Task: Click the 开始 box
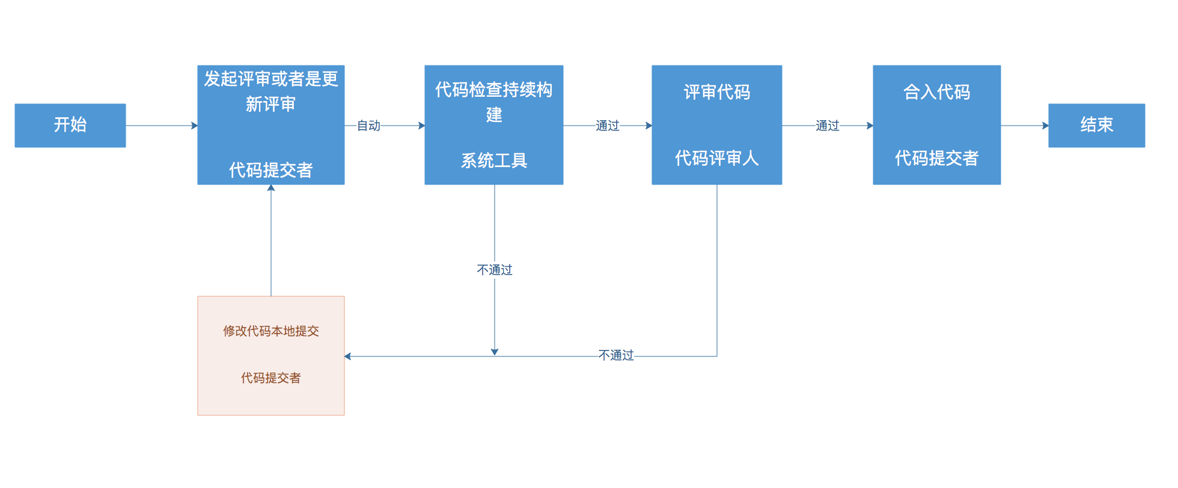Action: click(70, 125)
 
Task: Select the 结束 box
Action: click(1096, 125)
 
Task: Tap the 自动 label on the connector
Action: click(368, 126)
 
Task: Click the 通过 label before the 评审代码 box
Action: click(607, 126)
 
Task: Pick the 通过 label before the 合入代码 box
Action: click(827, 126)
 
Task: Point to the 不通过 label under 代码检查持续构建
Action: click(495, 270)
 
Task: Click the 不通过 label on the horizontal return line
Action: click(616, 355)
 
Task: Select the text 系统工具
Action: click(494, 160)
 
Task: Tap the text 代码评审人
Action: click(716, 158)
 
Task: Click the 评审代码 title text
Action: click(716, 92)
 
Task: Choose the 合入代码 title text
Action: click(936, 92)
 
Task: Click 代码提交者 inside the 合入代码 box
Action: click(936, 158)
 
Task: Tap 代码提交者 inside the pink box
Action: click(270, 378)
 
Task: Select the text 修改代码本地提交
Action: click(270, 331)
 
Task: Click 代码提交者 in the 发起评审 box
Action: click(270, 170)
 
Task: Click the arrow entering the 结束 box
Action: click(1025, 126)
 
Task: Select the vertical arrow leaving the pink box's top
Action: click(271, 240)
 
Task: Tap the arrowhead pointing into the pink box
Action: click(348, 356)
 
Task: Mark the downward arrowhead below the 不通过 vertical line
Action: click(495, 352)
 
